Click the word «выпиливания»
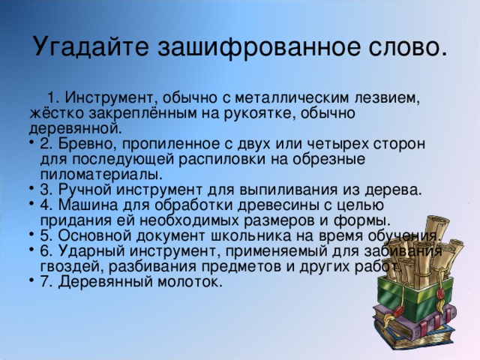pos(281,189)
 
